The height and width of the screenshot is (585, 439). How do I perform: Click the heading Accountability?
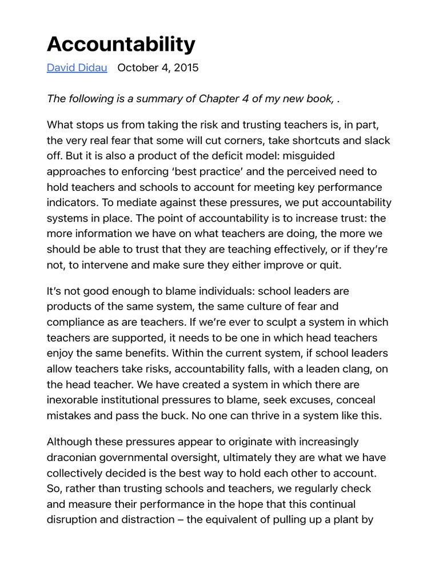[x=121, y=44]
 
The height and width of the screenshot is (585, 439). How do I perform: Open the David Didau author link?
[x=77, y=68]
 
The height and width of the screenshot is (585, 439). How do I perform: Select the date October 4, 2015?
[x=158, y=68]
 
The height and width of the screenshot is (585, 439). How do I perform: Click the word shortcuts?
[x=292, y=140]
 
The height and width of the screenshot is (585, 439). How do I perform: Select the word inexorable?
[x=73, y=400]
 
